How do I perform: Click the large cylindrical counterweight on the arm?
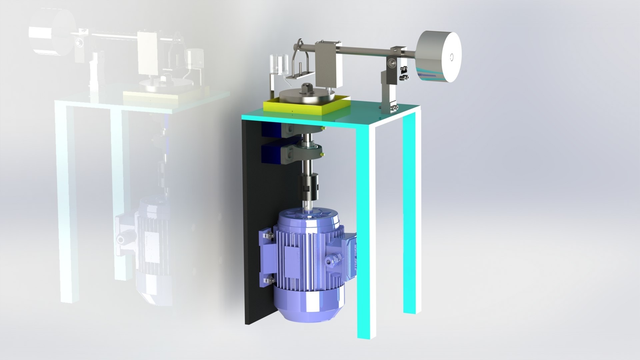click(439, 57)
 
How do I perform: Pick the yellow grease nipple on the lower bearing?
click(322, 154)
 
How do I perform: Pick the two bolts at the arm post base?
click(396, 108)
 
